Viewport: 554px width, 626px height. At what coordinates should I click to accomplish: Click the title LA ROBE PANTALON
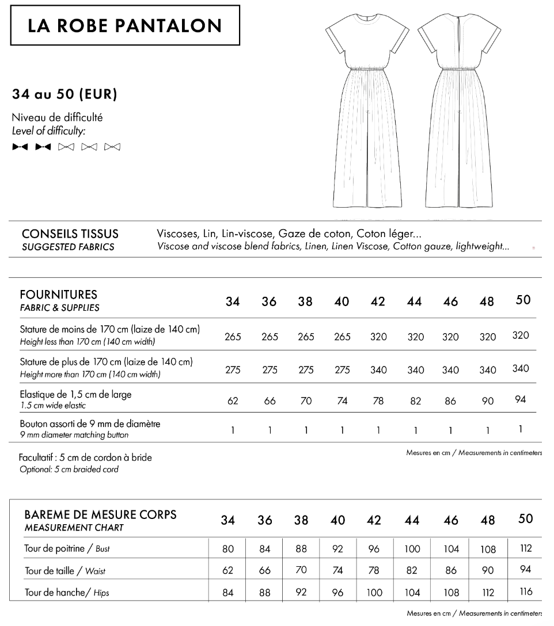click(125, 25)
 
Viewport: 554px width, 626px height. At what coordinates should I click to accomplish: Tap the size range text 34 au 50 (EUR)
click(64, 94)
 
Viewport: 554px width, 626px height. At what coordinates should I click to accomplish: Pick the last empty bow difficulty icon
click(112, 147)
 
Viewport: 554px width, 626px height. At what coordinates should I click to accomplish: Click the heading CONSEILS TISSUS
click(70, 234)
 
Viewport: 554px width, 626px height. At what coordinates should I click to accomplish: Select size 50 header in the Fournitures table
click(523, 300)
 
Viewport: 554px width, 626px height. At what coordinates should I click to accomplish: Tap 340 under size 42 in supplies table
click(378, 370)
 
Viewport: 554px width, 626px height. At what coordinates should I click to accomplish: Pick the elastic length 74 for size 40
click(342, 401)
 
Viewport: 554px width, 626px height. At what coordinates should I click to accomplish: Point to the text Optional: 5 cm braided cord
click(69, 469)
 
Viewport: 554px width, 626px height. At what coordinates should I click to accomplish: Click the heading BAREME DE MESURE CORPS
click(100, 514)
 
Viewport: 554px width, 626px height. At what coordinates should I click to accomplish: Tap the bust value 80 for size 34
click(228, 549)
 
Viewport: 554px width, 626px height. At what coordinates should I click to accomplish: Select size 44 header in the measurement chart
click(412, 521)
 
